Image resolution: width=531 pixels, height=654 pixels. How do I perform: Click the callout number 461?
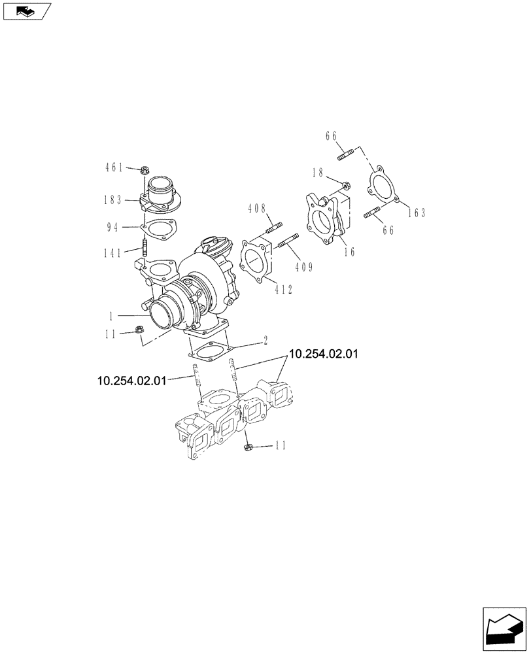click(x=114, y=168)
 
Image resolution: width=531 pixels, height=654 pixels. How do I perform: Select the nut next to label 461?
click(x=143, y=171)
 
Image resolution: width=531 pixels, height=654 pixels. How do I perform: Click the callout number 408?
click(x=257, y=209)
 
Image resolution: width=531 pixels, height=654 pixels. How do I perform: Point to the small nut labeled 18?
click(x=345, y=185)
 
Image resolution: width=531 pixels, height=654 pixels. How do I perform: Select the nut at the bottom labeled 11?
click(x=248, y=447)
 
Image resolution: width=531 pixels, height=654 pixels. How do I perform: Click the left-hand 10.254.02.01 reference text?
click(x=131, y=380)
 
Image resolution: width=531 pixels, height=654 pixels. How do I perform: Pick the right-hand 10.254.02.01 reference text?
click(x=324, y=354)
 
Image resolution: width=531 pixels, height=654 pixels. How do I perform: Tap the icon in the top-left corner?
click(x=26, y=10)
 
